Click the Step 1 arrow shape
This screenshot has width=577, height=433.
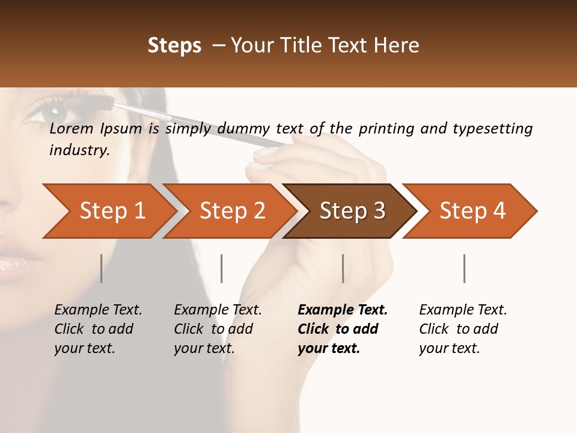(x=108, y=210)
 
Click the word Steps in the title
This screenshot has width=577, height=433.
(x=174, y=46)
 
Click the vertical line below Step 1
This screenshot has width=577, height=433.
(x=102, y=268)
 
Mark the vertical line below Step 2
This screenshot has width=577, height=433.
(x=222, y=268)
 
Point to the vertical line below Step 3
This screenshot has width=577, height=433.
(x=343, y=268)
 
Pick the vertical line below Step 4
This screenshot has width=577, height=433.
(x=465, y=268)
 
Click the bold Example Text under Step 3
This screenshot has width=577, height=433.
(x=343, y=310)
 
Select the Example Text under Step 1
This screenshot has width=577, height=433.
(x=98, y=310)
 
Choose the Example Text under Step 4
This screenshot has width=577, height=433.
(x=463, y=310)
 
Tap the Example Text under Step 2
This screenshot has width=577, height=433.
(x=218, y=310)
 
